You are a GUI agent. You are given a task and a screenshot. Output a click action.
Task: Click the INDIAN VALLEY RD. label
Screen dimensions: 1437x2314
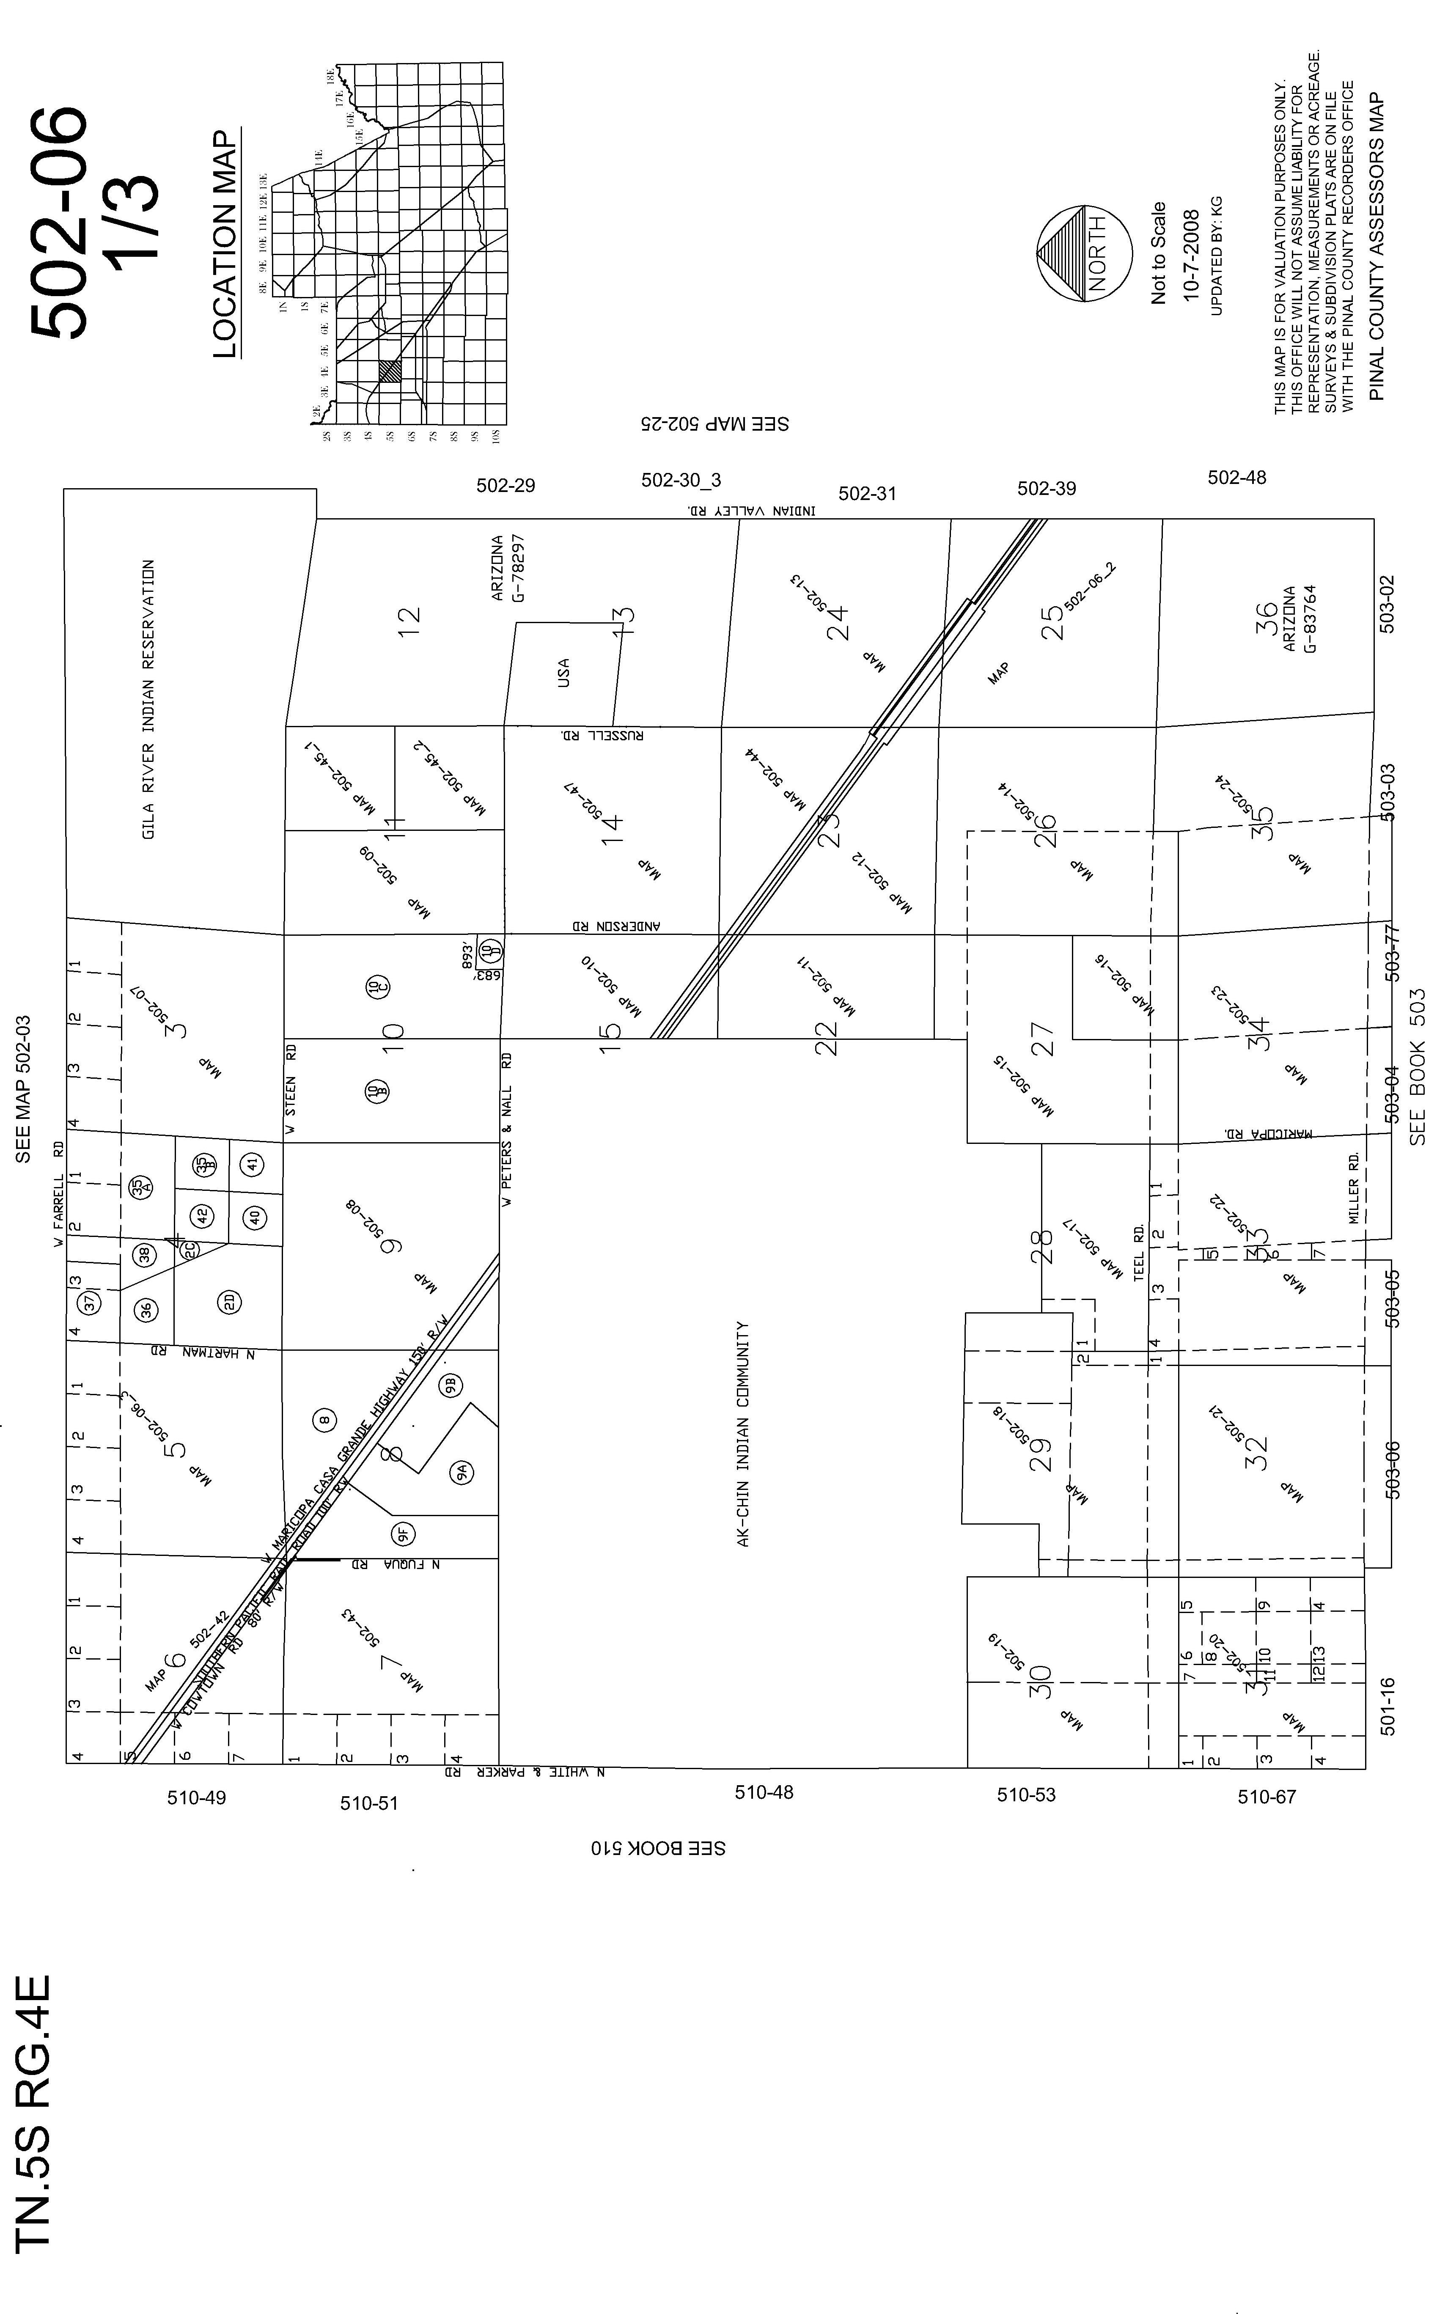(x=751, y=510)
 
